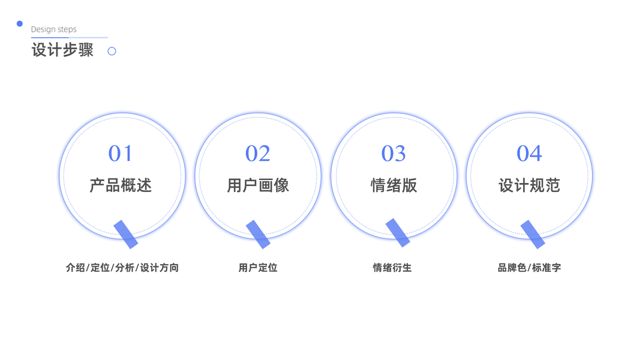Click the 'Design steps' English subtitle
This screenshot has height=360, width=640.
[53, 29]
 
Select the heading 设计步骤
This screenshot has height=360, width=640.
[62, 50]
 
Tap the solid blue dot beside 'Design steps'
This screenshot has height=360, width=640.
[20, 24]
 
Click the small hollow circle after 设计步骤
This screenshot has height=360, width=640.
[112, 51]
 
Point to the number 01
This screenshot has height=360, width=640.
[121, 154]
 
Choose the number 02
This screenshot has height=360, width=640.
[258, 154]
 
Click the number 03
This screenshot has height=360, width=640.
[393, 154]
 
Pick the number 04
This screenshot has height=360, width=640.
[529, 154]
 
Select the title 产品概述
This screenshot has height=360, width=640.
[121, 185]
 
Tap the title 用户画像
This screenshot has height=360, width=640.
[258, 185]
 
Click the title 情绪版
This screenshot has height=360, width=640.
[393, 185]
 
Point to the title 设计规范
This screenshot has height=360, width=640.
[529, 185]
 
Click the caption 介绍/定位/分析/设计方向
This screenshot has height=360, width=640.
[122, 268]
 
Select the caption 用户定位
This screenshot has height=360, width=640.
[258, 268]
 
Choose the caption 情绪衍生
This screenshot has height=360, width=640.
[392, 268]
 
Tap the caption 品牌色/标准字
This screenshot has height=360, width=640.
[529, 268]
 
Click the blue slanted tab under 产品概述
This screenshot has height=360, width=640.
[126, 234]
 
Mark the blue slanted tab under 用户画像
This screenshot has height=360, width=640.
[258, 234]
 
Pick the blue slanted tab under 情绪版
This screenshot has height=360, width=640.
[398, 233]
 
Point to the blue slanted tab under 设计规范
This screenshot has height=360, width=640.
[533, 234]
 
